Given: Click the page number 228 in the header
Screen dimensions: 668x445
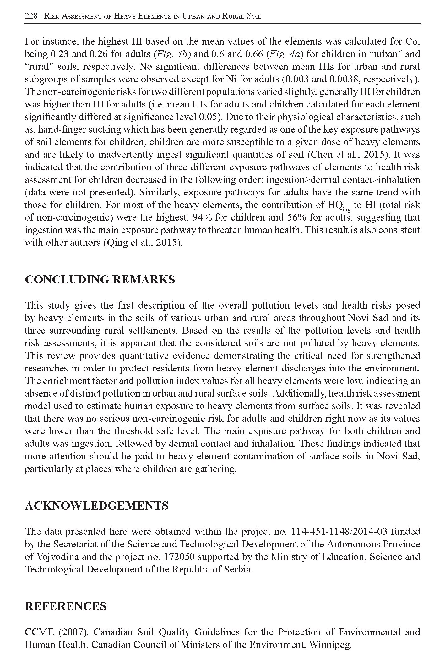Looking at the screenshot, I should coord(31,16).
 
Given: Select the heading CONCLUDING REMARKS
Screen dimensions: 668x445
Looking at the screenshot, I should coord(100,279).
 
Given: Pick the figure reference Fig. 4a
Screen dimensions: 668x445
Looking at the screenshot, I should coord(285,54).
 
